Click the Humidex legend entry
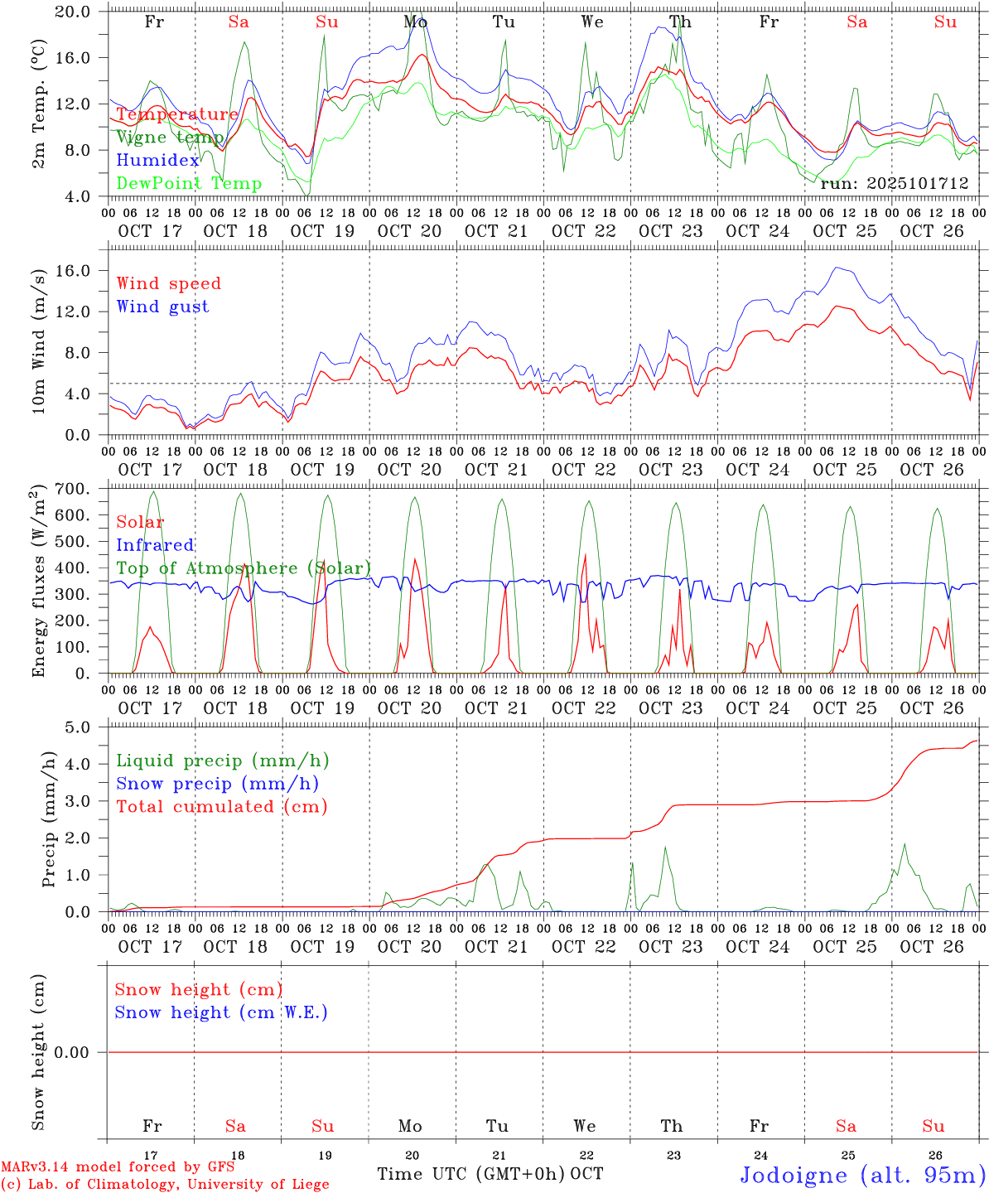coord(158,161)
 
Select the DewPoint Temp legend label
coord(189,184)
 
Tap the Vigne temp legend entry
coord(170,138)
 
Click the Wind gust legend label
coord(162,307)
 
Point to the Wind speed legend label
coord(169,283)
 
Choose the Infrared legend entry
coord(155,545)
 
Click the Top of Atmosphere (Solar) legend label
coord(244,568)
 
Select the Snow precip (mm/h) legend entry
coord(217,784)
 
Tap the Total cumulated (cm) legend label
coord(221,807)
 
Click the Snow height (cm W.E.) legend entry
coord(221,1012)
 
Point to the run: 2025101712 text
coord(894,184)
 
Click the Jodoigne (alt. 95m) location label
coord(862,1175)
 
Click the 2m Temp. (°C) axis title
coord(39,103)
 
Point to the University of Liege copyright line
coord(165,1184)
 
